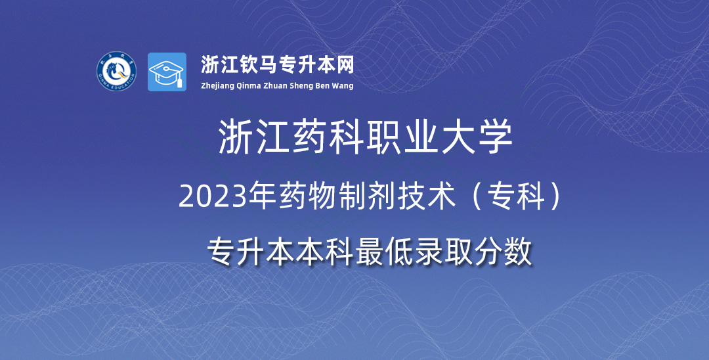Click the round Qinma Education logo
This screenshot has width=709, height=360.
click(117, 71)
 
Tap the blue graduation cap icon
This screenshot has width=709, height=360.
click(167, 72)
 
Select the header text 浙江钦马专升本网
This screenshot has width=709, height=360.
click(277, 64)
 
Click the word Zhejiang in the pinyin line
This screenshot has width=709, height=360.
click(217, 86)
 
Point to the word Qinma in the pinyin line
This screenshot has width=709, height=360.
click(249, 86)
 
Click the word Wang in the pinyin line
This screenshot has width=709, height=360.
click(343, 86)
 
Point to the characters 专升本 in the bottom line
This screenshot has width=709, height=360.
click(251, 252)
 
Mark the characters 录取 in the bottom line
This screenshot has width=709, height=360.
click(444, 252)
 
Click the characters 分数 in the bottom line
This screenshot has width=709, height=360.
click(503, 252)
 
